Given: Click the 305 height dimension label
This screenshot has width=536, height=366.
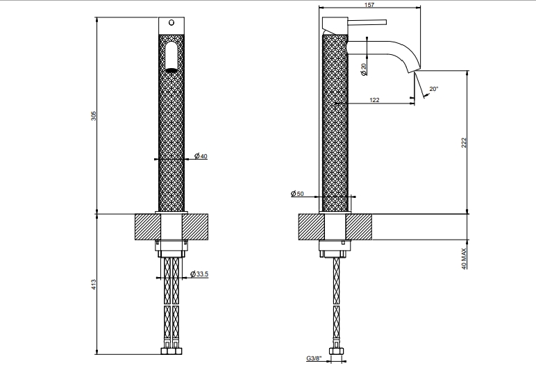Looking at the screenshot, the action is (x=94, y=115).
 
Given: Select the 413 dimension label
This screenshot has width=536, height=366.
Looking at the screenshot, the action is (x=94, y=285).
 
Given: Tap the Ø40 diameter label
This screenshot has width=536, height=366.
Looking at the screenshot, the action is (x=201, y=156).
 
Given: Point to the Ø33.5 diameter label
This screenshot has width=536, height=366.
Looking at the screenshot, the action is (x=199, y=274).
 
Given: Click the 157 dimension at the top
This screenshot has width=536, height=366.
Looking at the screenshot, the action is (x=369, y=5).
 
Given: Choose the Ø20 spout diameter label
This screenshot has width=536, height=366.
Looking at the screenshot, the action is (x=363, y=69).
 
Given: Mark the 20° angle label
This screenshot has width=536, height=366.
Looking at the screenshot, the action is (x=434, y=89).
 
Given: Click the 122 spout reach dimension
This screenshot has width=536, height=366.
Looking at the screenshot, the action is (x=374, y=100).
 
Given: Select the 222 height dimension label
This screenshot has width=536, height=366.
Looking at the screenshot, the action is (x=464, y=142).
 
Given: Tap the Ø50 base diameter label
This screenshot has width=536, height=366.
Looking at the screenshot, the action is (x=297, y=194).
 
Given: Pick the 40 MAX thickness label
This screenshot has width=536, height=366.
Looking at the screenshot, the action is (x=464, y=258).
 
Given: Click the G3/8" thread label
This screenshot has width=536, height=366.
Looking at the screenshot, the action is (x=314, y=358).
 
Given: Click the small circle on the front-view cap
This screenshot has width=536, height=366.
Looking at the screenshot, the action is (x=171, y=23).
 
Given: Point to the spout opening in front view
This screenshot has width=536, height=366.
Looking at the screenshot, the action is (x=171, y=70).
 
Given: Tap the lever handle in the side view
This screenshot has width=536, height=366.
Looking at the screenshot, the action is (x=367, y=22).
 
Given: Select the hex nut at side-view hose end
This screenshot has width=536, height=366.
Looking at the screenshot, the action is (x=335, y=351).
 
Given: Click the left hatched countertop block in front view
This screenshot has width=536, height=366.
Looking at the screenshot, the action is (x=148, y=227).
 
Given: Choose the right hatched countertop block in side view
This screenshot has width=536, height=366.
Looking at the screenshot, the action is (x=358, y=227).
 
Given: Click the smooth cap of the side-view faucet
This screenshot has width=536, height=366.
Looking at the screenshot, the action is (x=335, y=25).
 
